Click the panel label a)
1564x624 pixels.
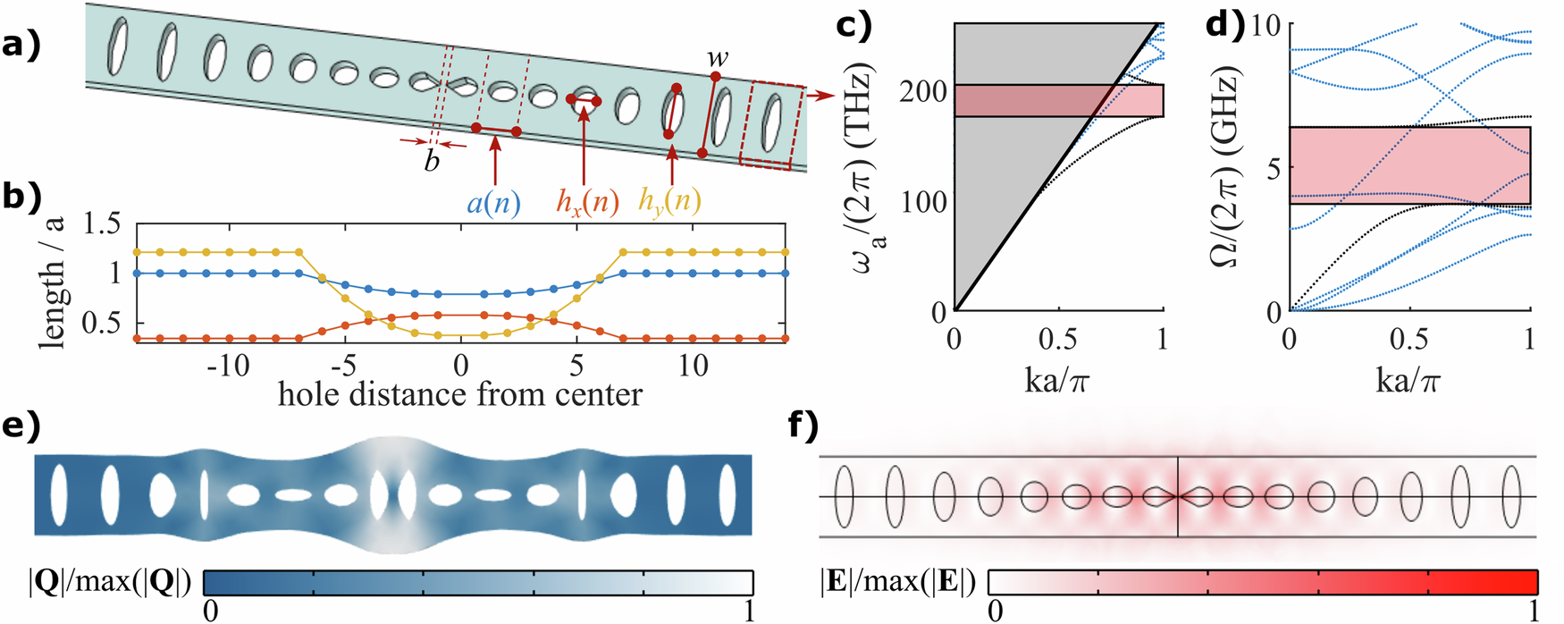click(21, 44)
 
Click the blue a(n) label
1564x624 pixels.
click(493, 202)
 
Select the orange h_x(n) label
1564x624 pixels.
click(587, 202)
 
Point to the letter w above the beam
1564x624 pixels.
click(717, 59)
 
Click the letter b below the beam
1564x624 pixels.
click(433, 162)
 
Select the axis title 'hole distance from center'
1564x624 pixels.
click(459, 394)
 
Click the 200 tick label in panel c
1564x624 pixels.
click(922, 91)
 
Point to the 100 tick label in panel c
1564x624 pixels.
click(922, 201)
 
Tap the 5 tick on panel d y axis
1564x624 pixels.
click(1274, 168)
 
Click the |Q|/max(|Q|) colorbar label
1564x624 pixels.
click(109, 583)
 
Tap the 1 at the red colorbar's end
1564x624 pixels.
click(1534, 611)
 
